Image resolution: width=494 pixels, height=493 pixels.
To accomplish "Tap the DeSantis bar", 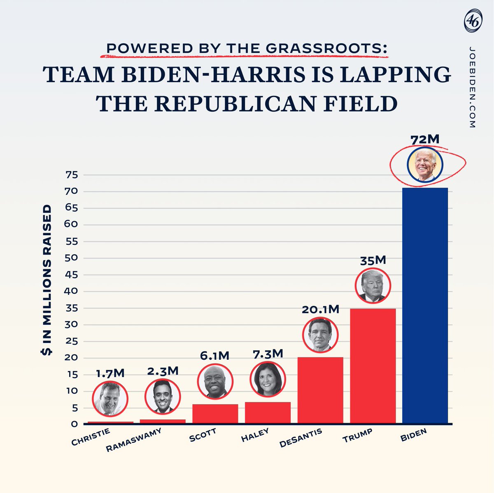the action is click(320, 390).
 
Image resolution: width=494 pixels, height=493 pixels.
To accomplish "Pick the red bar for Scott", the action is click(215, 414).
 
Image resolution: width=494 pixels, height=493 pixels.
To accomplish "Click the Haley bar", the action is click(268, 412).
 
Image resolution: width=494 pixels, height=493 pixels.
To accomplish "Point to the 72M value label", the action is click(425, 139).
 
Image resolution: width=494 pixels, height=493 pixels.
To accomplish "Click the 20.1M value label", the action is click(320, 309).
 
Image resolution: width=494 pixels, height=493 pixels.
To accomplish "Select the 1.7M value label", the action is click(110, 373).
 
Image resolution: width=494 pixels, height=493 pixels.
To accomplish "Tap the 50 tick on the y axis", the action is click(71, 258).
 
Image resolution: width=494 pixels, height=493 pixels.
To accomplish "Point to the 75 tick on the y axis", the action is click(72, 175).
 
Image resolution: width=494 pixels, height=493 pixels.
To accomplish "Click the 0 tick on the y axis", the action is click(75, 424).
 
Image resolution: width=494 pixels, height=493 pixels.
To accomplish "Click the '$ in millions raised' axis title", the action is click(46, 280).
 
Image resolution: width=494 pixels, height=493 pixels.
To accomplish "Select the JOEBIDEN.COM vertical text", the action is click(472, 87).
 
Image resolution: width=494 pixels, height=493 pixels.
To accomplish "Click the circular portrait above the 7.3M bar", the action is click(268, 379).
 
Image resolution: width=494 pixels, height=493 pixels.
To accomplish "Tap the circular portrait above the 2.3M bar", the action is click(163, 397).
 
